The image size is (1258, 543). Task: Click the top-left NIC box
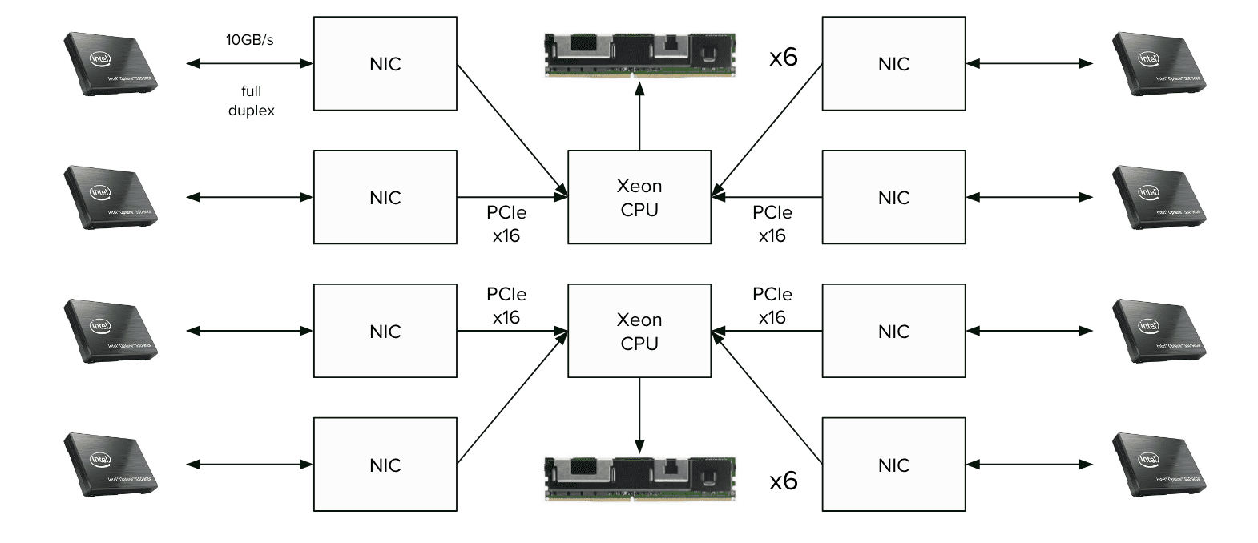coord(385,64)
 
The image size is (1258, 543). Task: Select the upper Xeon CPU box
coord(639,197)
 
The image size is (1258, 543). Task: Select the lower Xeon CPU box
coord(639,331)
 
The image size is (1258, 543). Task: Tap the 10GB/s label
coord(249,40)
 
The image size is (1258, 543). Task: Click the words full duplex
coord(251,101)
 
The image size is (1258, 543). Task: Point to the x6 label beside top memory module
coord(783,57)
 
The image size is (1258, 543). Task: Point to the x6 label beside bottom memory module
coord(783,481)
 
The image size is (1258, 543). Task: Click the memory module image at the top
coord(639,54)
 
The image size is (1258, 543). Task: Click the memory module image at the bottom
coord(639,478)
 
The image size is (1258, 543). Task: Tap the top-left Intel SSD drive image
coord(111,64)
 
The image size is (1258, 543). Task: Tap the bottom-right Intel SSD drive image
coord(1159,465)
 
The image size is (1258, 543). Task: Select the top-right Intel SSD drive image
coord(1159,64)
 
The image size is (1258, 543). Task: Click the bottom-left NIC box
coord(385,465)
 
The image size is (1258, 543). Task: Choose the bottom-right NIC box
coord(893,465)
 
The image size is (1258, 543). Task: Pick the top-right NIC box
coord(893,64)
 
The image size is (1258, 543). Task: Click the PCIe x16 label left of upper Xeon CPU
coord(506,224)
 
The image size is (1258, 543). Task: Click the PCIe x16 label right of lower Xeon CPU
coord(772,305)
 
